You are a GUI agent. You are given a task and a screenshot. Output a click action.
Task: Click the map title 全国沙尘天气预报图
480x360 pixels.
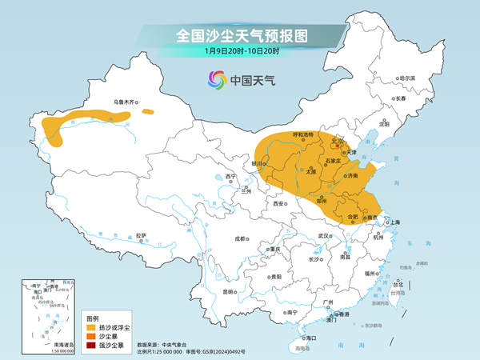coord(241,36)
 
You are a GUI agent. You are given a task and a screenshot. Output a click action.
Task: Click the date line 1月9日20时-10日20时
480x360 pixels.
coord(241,52)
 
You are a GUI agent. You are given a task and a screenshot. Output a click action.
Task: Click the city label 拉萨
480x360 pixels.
coord(141,235)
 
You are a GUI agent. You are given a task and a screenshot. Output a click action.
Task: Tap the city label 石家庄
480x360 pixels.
coord(336,160)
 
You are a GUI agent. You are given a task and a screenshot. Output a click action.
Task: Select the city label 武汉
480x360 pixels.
coord(324,236)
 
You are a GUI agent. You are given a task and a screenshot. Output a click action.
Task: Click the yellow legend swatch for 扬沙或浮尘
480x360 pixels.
coord(92,327)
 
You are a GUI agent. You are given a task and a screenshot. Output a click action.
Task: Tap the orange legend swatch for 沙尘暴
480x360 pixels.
coord(92,336)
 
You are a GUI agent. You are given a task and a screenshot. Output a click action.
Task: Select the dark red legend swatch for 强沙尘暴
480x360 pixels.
coord(92,345)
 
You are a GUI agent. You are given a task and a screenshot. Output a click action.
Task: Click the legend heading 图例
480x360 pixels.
coord(93,318)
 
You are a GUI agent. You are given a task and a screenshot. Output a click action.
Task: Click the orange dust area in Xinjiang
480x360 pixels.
coord(88,120)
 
